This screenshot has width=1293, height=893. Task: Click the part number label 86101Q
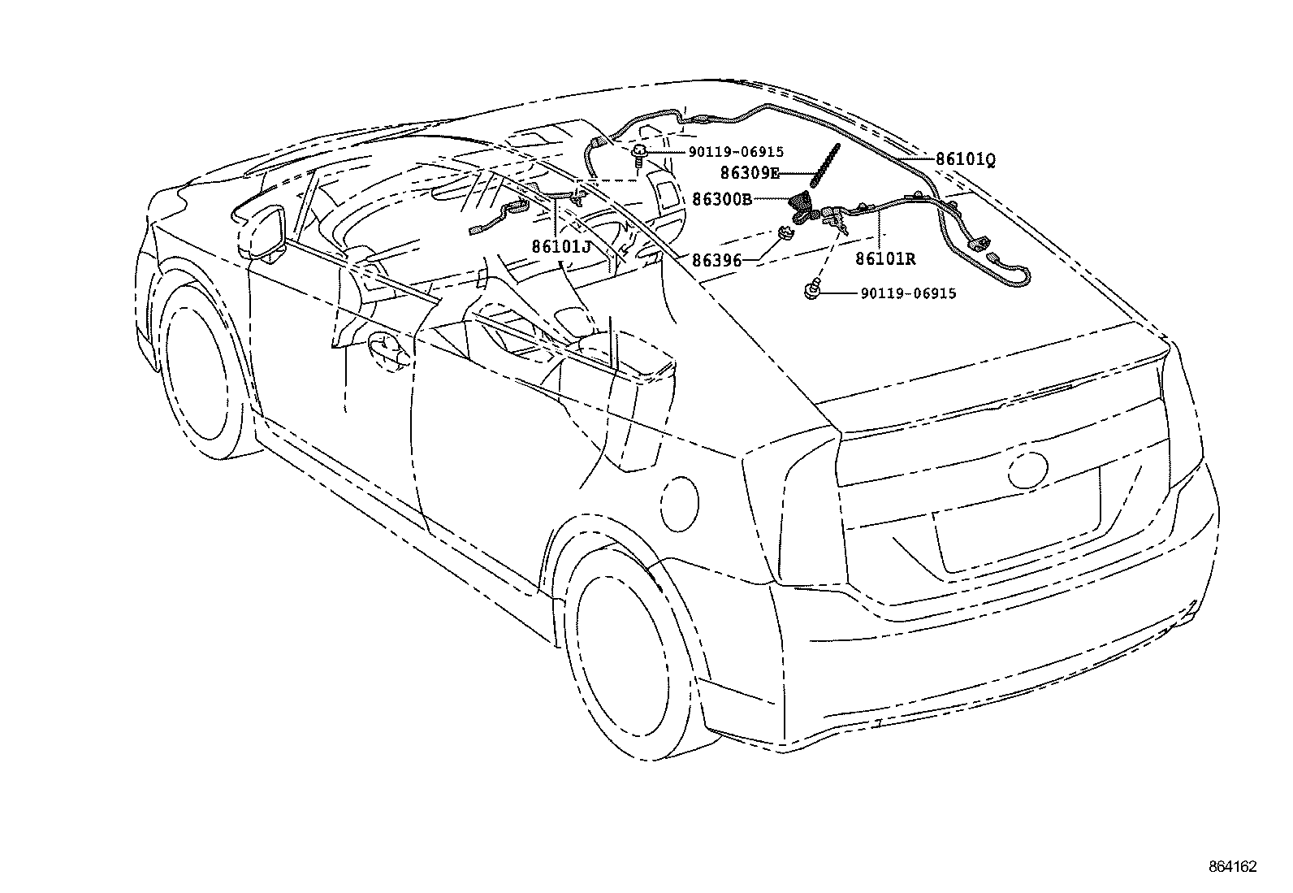click(x=965, y=160)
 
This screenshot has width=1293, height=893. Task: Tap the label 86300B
click(x=722, y=199)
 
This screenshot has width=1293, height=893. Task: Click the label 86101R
click(x=884, y=259)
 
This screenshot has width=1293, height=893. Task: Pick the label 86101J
click(x=561, y=245)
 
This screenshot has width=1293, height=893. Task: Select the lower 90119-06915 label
click(x=908, y=293)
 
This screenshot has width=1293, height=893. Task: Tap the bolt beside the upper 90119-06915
click(x=639, y=154)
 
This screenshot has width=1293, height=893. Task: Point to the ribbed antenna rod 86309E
click(x=824, y=167)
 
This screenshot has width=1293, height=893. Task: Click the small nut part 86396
click(x=786, y=235)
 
